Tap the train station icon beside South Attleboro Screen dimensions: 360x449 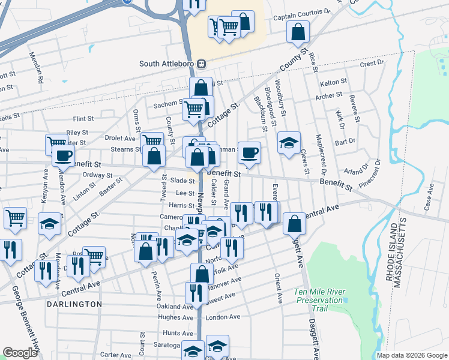202,64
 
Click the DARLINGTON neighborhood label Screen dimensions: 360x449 74,304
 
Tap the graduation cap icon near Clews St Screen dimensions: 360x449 289,143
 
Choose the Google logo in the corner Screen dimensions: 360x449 20,353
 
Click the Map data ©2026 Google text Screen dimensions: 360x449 412,355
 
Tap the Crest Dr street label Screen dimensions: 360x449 372,63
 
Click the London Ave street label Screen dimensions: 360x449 223,317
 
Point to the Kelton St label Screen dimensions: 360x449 334,82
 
